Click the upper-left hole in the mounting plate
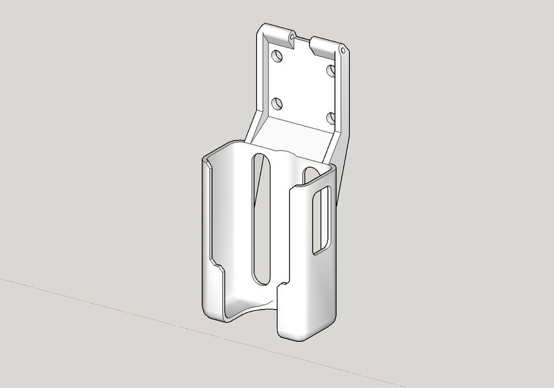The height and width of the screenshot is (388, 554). click(x=276, y=56)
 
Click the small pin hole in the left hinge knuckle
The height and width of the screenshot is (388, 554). click(x=291, y=37)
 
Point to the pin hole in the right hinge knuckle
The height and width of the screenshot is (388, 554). click(x=342, y=50)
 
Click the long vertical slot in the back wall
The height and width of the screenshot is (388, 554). click(x=261, y=216)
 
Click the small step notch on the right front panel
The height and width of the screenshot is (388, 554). click(x=282, y=285)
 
